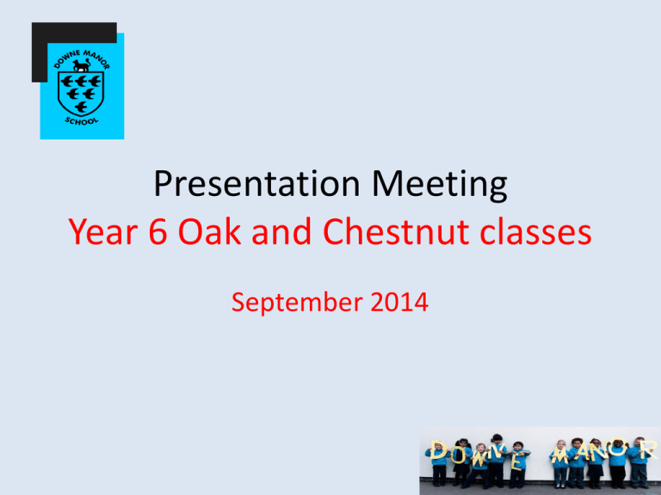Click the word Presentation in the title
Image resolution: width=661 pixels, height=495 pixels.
(256, 184)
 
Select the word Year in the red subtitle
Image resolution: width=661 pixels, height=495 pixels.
(103, 232)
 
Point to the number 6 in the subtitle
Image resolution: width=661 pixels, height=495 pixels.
(158, 232)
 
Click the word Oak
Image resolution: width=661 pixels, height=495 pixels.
(209, 231)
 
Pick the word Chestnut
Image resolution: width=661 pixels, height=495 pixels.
(396, 231)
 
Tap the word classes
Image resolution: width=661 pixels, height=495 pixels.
(536, 231)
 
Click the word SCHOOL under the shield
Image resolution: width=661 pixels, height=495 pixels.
(82, 121)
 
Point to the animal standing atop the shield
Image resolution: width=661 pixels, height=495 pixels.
(82, 65)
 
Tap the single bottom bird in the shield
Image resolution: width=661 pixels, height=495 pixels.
(81, 107)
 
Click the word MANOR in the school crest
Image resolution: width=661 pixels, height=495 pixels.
(96, 58)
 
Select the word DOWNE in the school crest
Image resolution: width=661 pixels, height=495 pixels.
(66, 59)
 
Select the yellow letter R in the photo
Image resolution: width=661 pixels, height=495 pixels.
(649, 450)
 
